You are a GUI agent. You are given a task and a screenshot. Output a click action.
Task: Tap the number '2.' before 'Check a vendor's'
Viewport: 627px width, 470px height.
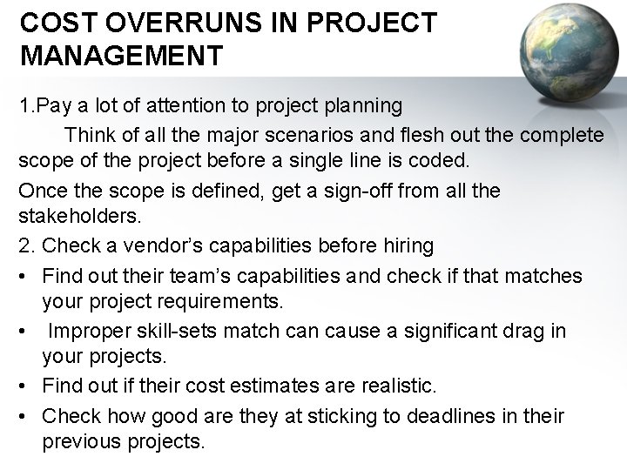(x=27, y=246)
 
